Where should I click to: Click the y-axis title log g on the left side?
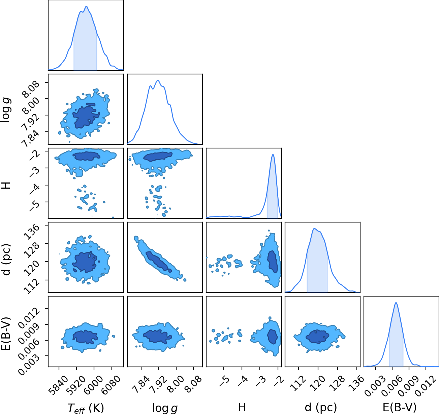(6, 110)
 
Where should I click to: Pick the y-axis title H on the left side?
(6, 185)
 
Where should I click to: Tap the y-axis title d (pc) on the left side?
(6, 260)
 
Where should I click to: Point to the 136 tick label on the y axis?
(32, 232)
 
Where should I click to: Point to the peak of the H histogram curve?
(273, 154)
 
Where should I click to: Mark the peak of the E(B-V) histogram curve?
(396, 303)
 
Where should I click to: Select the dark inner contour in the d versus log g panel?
(159, 262)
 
